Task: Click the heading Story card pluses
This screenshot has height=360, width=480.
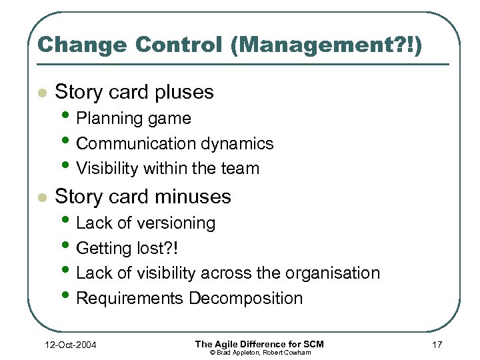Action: pos(134,91)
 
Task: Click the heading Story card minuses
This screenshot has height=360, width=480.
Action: pos(143,197)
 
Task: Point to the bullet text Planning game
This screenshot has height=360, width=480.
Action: pos(133,119)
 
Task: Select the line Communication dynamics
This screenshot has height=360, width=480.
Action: pos(175,143)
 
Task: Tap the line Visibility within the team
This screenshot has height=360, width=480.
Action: pos(167,169)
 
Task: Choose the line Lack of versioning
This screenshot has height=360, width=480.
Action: pos(145,223)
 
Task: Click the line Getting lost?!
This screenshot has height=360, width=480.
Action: pos(127,248)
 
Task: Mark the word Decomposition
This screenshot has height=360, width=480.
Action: pos(245,298)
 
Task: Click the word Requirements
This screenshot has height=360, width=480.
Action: pos(130,298)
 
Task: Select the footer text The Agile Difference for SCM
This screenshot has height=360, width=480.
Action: pos(259,343)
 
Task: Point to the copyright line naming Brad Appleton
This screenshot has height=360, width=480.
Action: pos(260,352)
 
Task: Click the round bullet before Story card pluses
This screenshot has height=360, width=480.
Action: pos(42,93)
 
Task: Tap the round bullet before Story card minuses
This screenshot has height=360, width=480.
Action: pos(42,198)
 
